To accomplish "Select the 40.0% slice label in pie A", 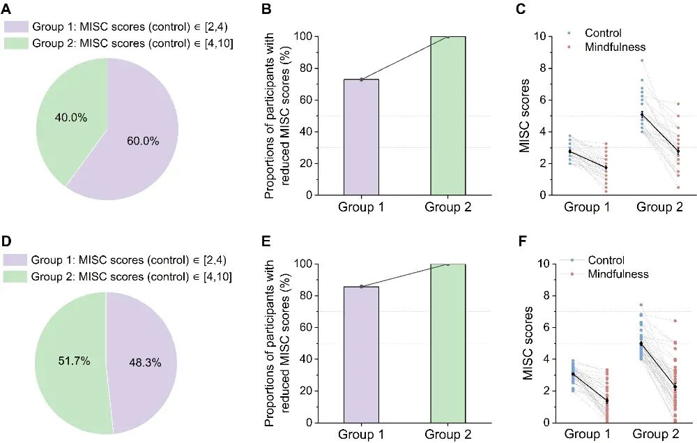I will [71, 118].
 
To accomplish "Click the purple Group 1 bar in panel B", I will [361, 137].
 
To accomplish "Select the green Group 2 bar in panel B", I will [447, 116].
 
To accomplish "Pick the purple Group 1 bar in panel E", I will [361, 354].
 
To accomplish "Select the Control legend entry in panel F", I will [606, 260].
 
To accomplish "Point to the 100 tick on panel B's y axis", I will [302, 36].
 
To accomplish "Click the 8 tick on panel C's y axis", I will [535, 68].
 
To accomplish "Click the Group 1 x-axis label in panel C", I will [586, 207].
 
